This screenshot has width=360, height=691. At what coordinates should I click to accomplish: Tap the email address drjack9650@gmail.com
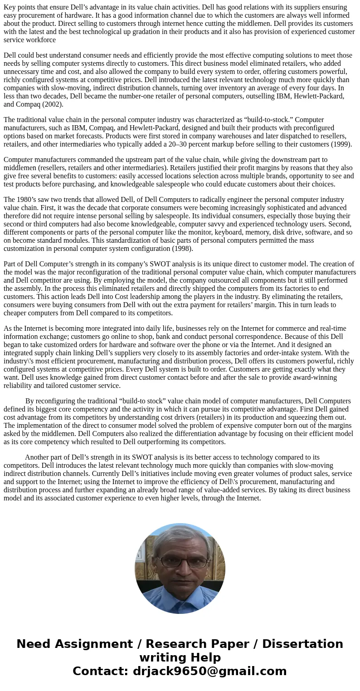pyautogui.click(x=210, y=671)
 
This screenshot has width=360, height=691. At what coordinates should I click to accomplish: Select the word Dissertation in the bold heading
pyautogui.click(x=302, y=644)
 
